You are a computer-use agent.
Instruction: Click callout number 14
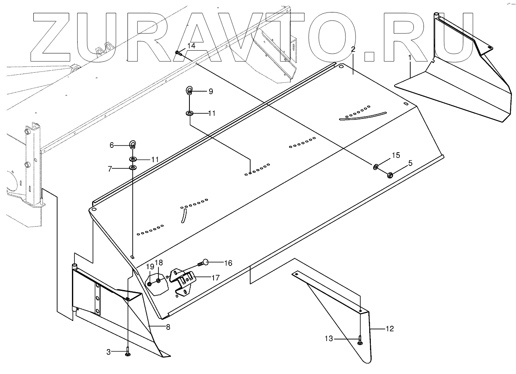pyautogui.click(x=191, y=46)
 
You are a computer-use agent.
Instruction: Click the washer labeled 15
pyautogui.click(x=376, y=166)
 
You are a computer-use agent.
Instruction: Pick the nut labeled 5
pyautogui.click(x=389, y=175)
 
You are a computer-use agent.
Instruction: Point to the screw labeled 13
pyautogui.click(x=360, y=340)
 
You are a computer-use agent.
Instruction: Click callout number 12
pyautogui.click(x=389, y=329)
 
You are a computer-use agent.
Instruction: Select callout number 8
pyautogui.click(x=168, y=327)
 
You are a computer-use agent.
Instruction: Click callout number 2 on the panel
pyautogui.click(x=353, y=49)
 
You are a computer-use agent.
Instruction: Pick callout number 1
pyautogui.click(x=409, y=58)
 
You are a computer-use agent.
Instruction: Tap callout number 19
pyautogui.click(x=150, y=266)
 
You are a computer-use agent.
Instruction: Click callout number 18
pyautogui.click(x=159, y=262)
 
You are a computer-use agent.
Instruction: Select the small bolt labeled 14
pyautogui.click(x=178, y=53)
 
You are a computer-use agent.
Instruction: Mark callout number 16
pyautogui.click(x=228, y=263)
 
